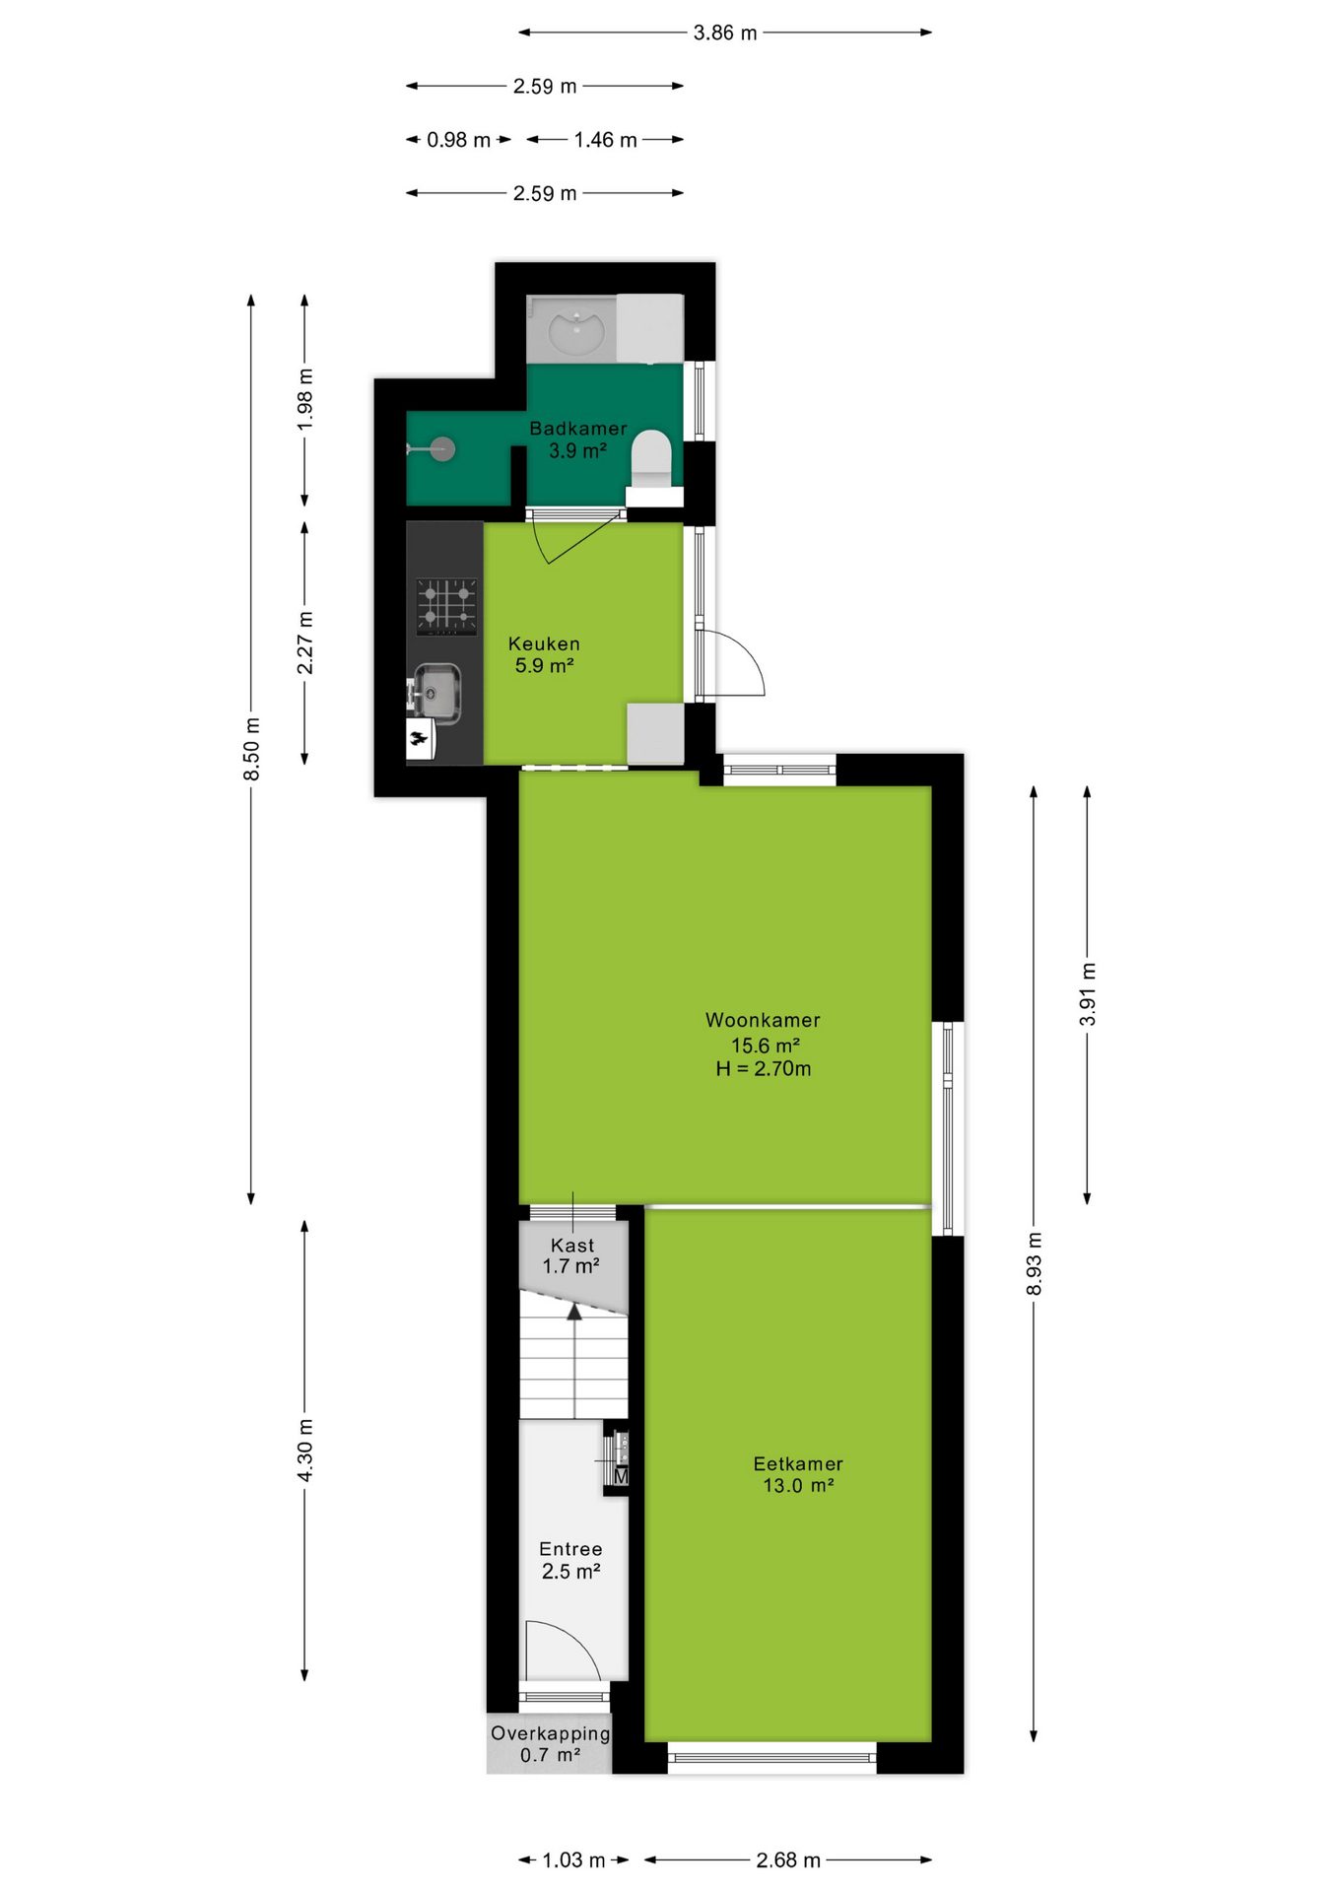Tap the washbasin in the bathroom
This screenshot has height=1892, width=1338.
point(576,329)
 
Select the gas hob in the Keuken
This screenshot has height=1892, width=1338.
point(446,606)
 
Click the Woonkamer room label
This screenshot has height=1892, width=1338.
point(763,1021)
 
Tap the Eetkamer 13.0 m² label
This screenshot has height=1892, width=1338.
point(798,1475)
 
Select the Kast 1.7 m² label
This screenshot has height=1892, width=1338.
point(572,1256)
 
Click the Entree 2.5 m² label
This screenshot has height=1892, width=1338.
point(570,1561)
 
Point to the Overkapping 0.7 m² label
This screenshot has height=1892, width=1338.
point(550,1744)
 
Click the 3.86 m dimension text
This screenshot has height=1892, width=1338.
point(725,33)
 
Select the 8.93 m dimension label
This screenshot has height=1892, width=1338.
point(1034,1264)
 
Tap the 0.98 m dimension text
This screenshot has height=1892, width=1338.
point(458,140)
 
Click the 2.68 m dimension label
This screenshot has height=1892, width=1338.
point(788,1860)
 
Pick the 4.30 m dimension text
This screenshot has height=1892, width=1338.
point(304,1450)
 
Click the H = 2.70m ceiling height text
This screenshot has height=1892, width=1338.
point(764,1069)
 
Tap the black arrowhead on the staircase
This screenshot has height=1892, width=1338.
point(573,1310)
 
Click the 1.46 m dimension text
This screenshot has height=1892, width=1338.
point(606,140)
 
